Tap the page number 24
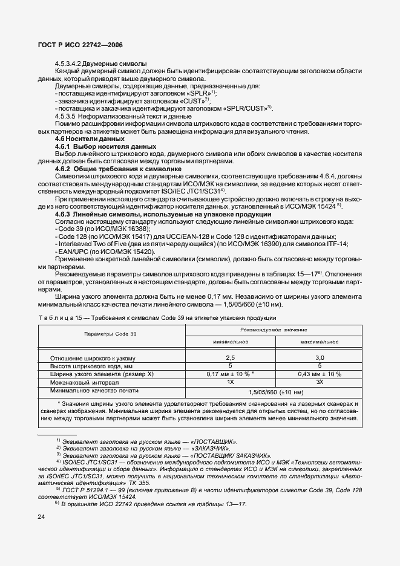click(x=41, y=516)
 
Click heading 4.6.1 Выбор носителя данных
click(x=97, y=146)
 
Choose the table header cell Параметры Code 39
click(x=111, y=333)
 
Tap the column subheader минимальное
click(x=230, y=342)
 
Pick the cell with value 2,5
click(x=230, y=358)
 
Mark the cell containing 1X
click(x=230, y=382)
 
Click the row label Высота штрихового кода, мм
click(x=91, y=366)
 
